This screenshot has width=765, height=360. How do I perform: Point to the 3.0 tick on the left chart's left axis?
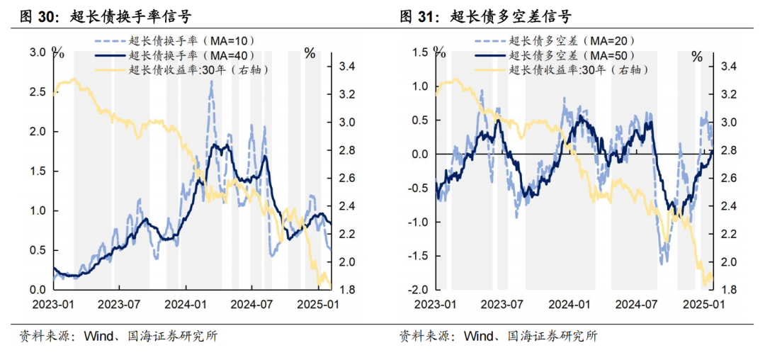(37, 52)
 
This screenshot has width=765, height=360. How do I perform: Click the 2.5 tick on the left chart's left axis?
(37, 92)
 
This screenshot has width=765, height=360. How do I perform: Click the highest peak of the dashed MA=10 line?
(211, 82)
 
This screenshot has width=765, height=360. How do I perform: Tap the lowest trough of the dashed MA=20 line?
(664, 261)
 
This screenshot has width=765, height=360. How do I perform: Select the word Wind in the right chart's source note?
(477, 336)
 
